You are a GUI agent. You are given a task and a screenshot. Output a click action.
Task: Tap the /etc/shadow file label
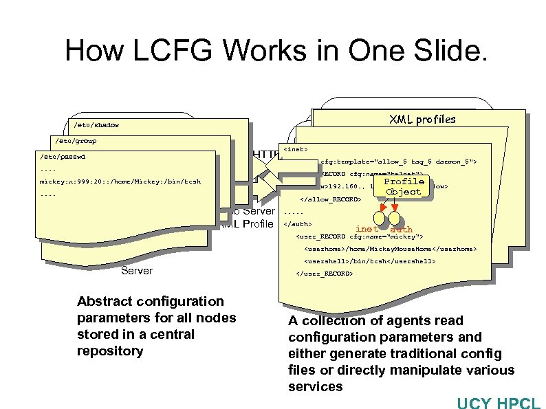[x=96, y=125]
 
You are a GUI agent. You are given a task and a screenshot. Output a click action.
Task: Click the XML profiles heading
[x=422, y=119]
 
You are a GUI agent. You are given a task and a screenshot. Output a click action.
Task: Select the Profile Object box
[x=404, y=186]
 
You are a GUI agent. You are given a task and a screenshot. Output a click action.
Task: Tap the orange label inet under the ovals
[x=367, y=229]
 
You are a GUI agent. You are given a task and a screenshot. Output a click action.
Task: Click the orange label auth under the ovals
[x=401, y=229]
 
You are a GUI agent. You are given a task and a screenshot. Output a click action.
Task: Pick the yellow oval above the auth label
[x=395, y=218]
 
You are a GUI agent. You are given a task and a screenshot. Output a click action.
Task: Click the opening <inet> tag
[x=296, y=148]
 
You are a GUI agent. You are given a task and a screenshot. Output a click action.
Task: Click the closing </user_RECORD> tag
[x=324, y=274]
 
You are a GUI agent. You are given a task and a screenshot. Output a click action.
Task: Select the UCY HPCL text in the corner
[x=499, y=401]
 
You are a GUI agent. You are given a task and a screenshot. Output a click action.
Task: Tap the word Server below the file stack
[x=137, y=271]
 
